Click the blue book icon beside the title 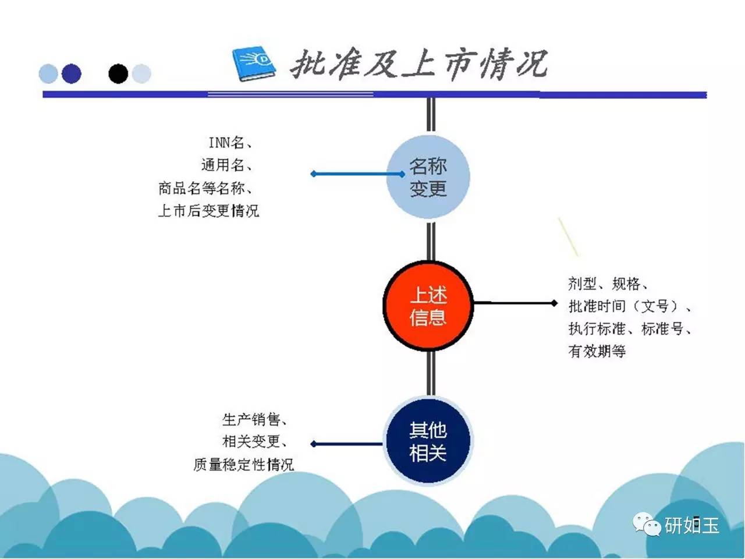coord(254,63)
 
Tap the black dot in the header coord(118,73)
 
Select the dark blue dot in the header coord(72,73)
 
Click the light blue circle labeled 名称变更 coord(428,177)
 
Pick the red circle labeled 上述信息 coord(428,306)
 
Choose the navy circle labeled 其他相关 coord(428,441)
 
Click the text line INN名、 coord(230,143)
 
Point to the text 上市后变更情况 coord(209,211)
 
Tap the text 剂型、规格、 coord(608,284)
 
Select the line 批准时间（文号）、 coord(630,306)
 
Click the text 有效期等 coord(597,351)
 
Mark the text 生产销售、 coord(255,419)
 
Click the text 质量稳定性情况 coord(244,464)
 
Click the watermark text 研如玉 coord(691,525)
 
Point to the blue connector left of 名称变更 coord(358,174)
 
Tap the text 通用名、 coord(227,165)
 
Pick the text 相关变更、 coord(255,442)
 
